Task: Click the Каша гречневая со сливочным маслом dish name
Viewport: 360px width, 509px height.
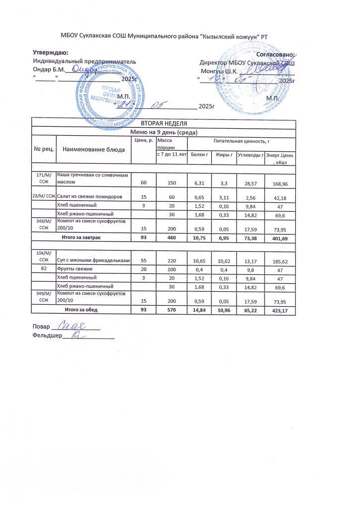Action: pos(93,178)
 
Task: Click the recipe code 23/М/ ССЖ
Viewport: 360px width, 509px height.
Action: pos(43,196)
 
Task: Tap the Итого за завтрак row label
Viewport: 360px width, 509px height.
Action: pos(81,239)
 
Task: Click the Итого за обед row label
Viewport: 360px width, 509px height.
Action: pos(81,310)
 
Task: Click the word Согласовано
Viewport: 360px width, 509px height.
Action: pos(275,54)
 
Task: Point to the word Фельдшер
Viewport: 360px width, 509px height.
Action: pos(46,337)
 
